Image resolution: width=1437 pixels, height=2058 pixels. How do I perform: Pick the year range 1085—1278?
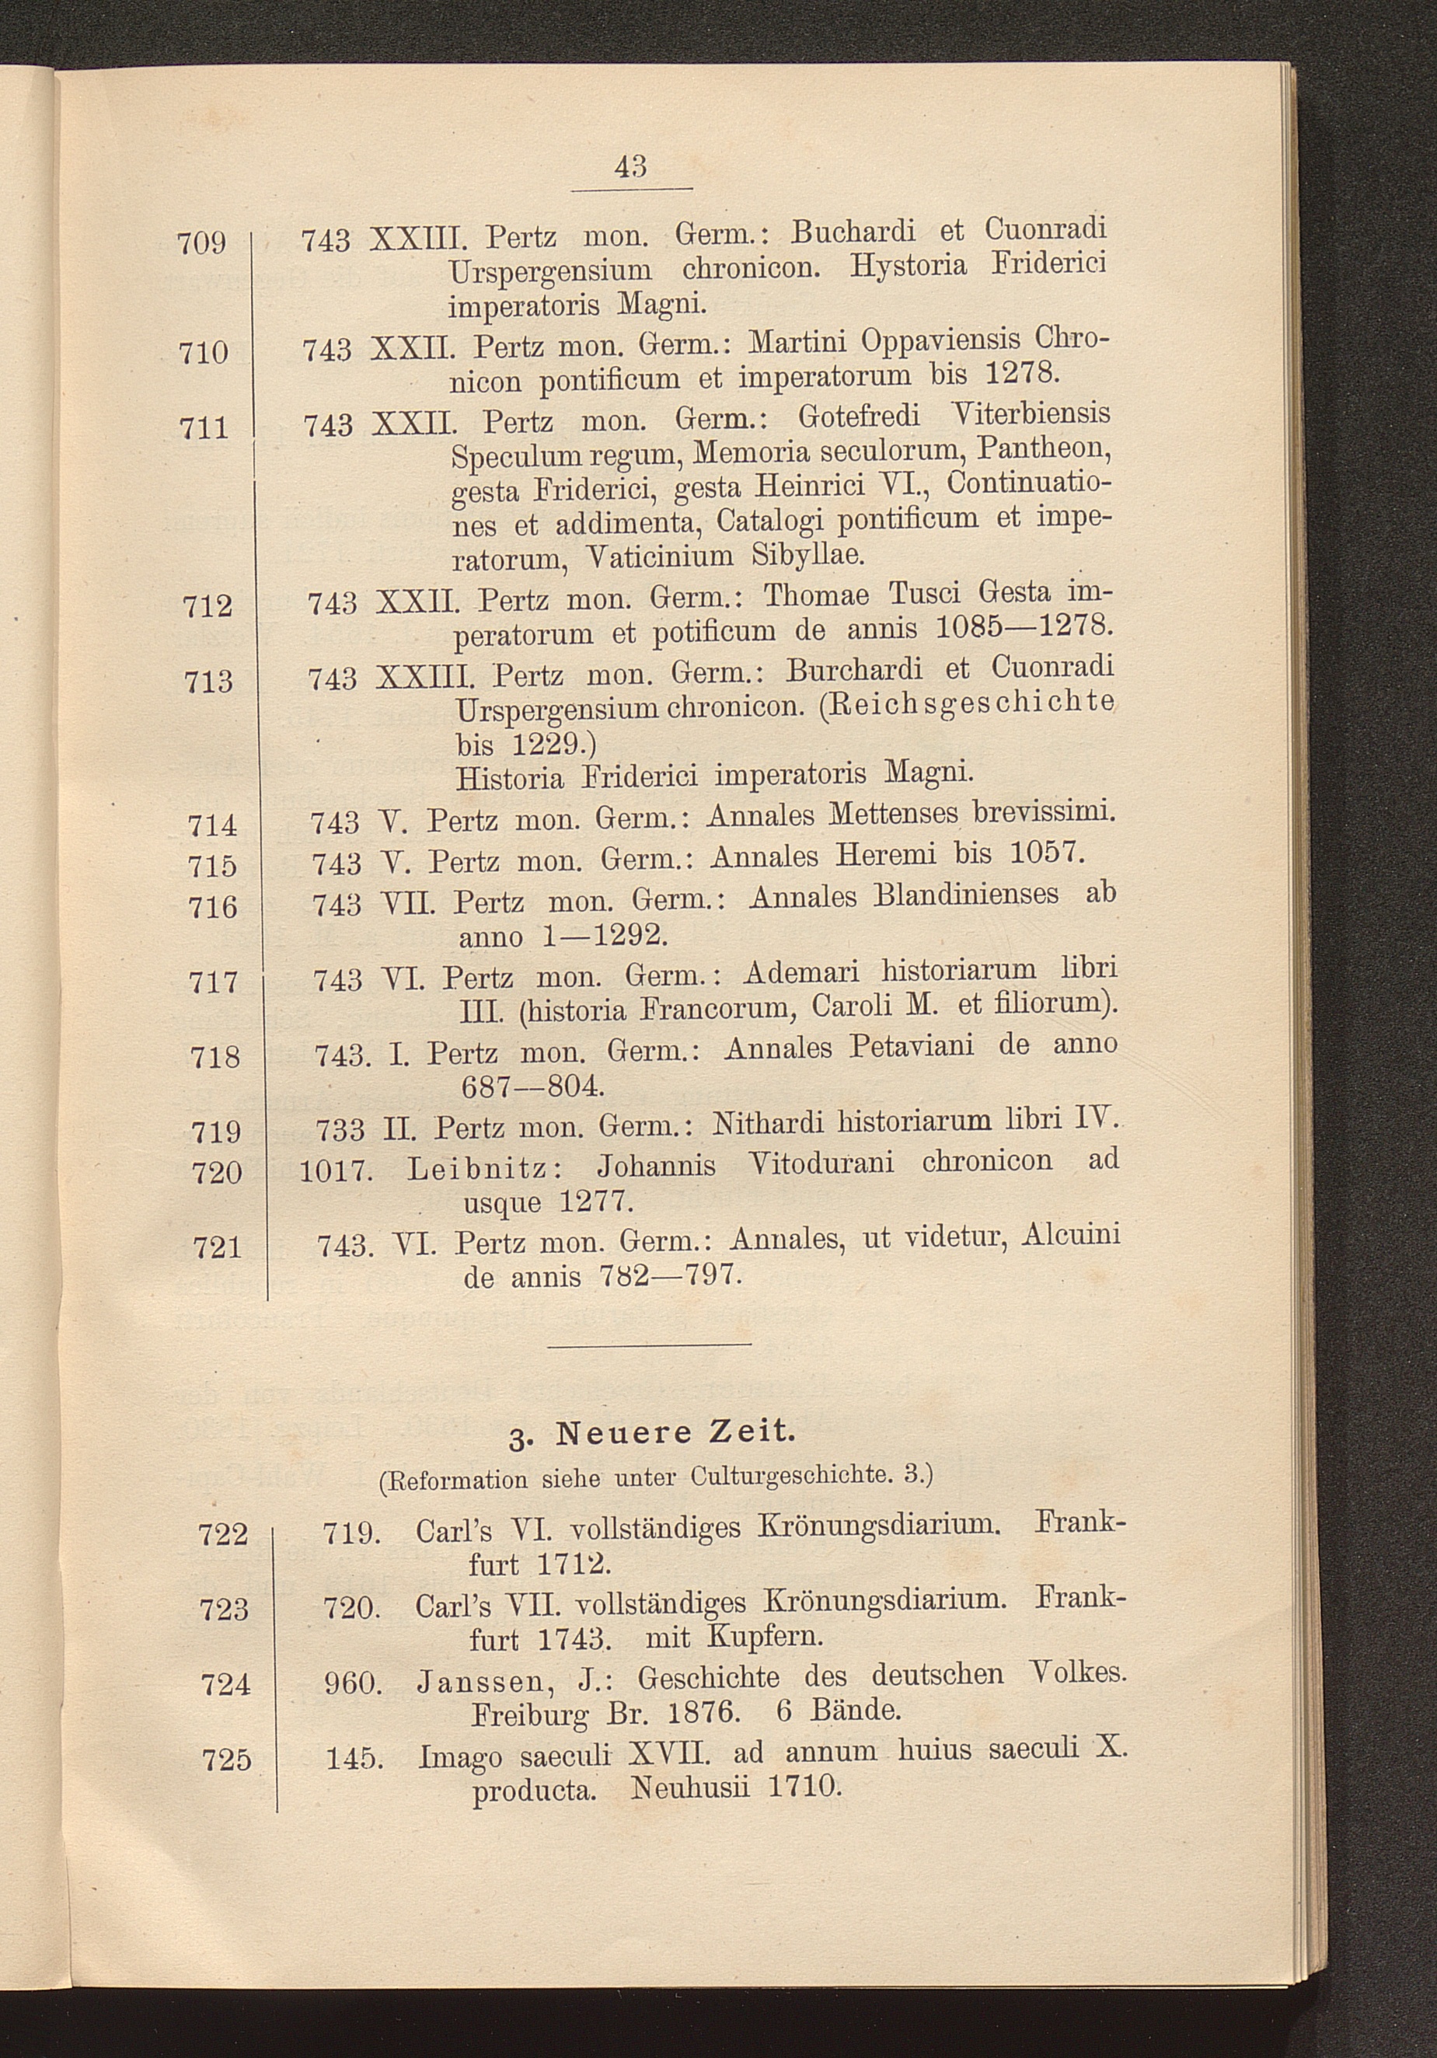coord(1023,628)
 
